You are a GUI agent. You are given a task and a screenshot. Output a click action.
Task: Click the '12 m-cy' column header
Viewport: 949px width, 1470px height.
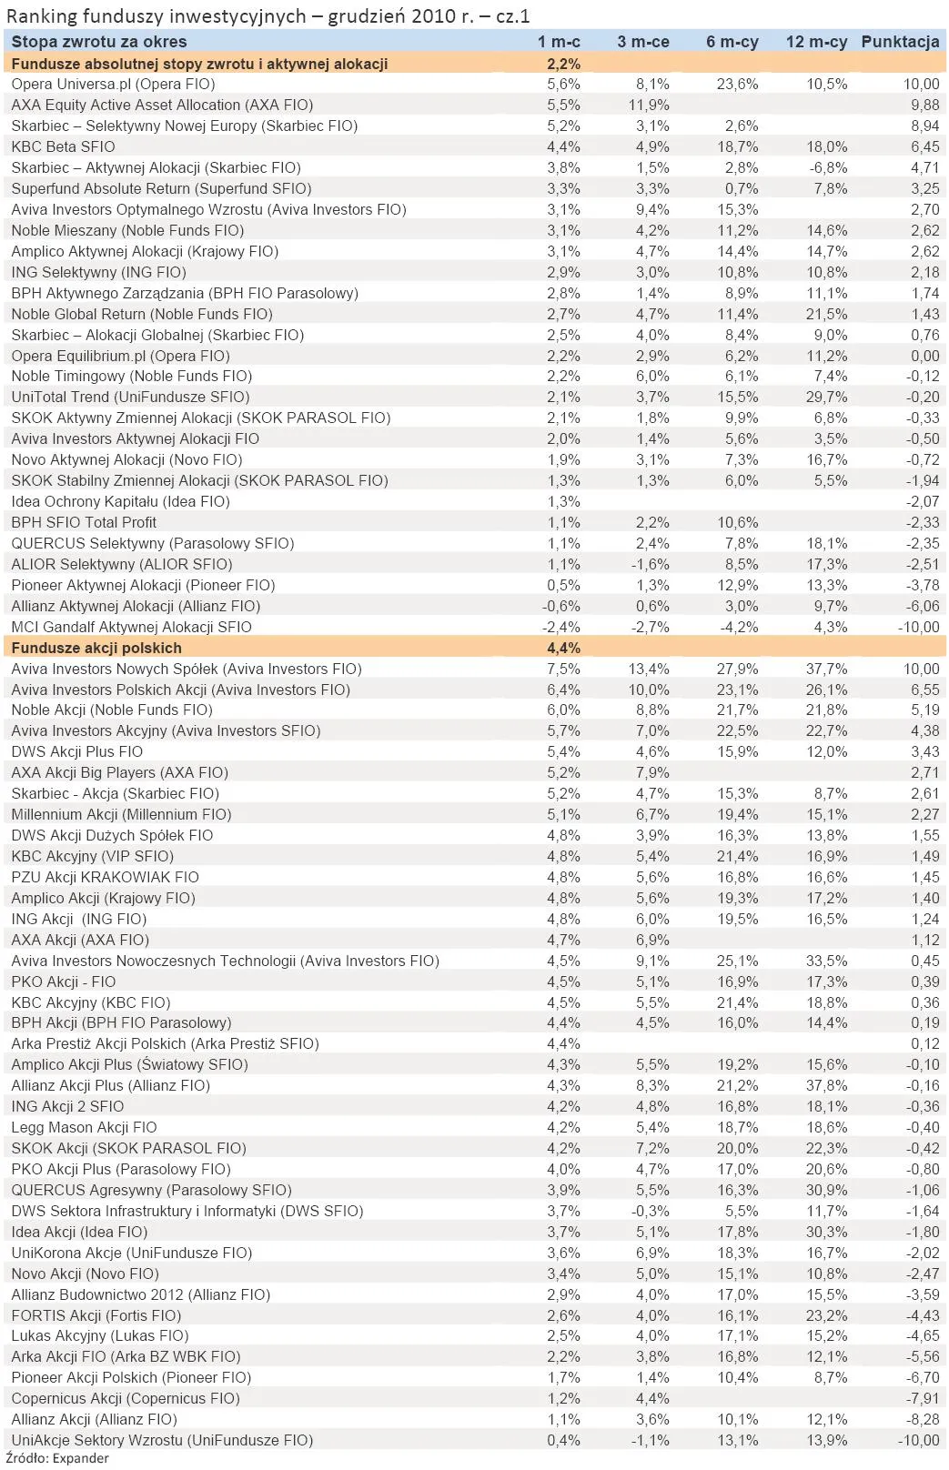pos(816,42)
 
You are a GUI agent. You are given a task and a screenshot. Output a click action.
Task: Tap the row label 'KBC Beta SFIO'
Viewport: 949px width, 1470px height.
pos(64,146)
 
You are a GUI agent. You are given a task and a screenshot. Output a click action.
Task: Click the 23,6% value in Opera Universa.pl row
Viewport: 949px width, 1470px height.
pos(737,84)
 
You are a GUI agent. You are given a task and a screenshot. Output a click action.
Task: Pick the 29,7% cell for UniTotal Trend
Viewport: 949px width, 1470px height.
pos(826,397)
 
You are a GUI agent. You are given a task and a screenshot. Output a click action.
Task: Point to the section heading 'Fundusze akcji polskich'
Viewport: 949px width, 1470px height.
pos(96,648)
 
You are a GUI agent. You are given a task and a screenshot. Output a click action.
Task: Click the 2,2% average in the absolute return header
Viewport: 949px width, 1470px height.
pos(563,64)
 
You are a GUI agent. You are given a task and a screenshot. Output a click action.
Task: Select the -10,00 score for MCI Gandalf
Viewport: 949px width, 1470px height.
pos(918,627)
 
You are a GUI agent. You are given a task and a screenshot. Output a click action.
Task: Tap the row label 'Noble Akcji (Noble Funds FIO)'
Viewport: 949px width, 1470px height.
pos(112,710)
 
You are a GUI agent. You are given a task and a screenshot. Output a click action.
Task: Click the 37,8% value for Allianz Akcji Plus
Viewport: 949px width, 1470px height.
pos(826,1085)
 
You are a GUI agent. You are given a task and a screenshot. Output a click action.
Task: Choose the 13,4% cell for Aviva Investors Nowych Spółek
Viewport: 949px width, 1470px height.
pos(649,669)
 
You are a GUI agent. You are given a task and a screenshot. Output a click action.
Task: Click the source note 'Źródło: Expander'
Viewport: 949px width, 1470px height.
pos(57,1458)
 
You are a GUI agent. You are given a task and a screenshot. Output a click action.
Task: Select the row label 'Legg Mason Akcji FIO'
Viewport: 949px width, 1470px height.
pos(85,1127)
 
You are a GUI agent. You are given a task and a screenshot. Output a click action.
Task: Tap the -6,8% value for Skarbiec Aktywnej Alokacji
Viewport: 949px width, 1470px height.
pos(828,167)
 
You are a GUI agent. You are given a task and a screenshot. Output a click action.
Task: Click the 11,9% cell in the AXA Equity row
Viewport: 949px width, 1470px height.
pos(649,105)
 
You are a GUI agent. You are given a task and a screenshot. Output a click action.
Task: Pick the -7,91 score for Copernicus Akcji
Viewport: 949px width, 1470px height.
pos(922,1398)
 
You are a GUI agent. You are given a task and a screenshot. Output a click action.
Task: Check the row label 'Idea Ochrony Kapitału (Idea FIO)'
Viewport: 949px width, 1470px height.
pos(120,501)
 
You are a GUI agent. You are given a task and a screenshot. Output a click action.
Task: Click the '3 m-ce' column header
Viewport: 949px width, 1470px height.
pos(642,42)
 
